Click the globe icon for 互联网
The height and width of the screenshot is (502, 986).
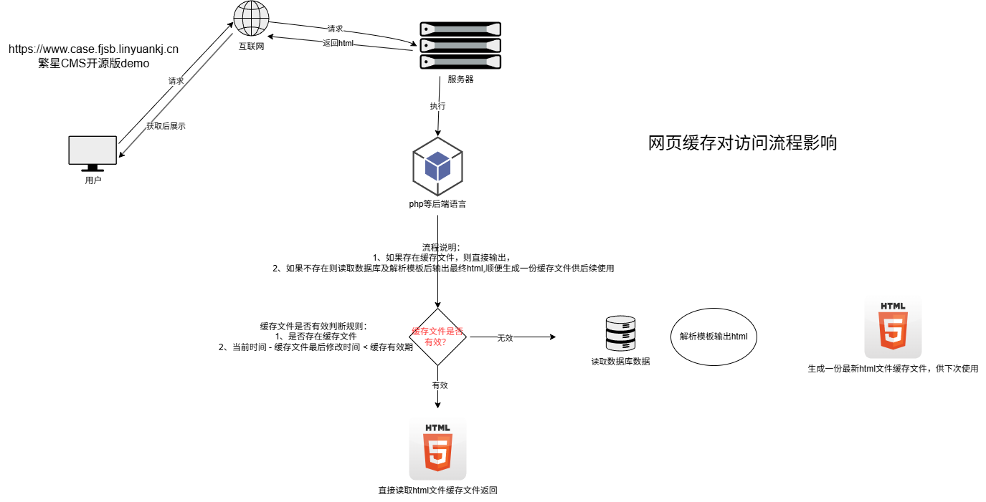(251, 19)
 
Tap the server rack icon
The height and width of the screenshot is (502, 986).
(460, 45)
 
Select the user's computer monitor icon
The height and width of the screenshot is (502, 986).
(93, 153)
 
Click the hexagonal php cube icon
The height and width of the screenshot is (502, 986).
(437, 166)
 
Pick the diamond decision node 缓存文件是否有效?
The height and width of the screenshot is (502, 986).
(437, 337)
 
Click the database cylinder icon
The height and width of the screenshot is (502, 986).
(620, 334)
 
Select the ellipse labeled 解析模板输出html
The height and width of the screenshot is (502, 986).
(714, 337)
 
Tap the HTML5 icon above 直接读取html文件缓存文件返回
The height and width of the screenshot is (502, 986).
(437, 449)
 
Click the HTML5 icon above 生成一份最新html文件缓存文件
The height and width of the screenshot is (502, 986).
(893, 327)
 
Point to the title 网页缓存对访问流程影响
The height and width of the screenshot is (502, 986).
(742, 143)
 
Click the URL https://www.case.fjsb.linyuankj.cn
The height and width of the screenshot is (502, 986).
(93, 49)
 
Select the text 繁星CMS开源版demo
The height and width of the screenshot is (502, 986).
(93, 63)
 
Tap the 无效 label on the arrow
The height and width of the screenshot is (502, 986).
(505, 337)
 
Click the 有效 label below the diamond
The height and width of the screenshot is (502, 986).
(440, 385)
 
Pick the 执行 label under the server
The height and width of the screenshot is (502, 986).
(437, 106)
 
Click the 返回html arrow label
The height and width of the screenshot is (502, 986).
(338, 43)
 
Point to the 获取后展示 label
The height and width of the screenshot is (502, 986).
(166, 126)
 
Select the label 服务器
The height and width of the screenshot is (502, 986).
(460, 79)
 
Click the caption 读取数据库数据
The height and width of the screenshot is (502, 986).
(620, 362)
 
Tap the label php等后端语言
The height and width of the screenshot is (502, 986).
(437, 204)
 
